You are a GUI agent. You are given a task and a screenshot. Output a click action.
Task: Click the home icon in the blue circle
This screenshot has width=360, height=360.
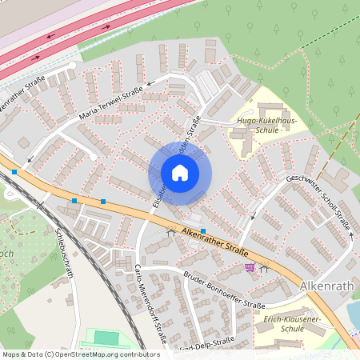click(x=180, y=173)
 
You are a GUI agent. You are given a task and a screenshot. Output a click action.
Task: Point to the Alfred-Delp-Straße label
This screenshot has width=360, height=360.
click(x=207, y=342)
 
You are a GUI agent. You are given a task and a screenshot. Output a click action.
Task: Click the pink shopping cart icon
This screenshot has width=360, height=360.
click(x=250, y=267)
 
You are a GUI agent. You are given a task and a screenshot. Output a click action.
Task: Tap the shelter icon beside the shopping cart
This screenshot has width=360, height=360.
click(x=264, y=269)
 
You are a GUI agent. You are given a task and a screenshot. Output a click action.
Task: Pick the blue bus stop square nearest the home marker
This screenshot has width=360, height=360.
click(x=203, y=230)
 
